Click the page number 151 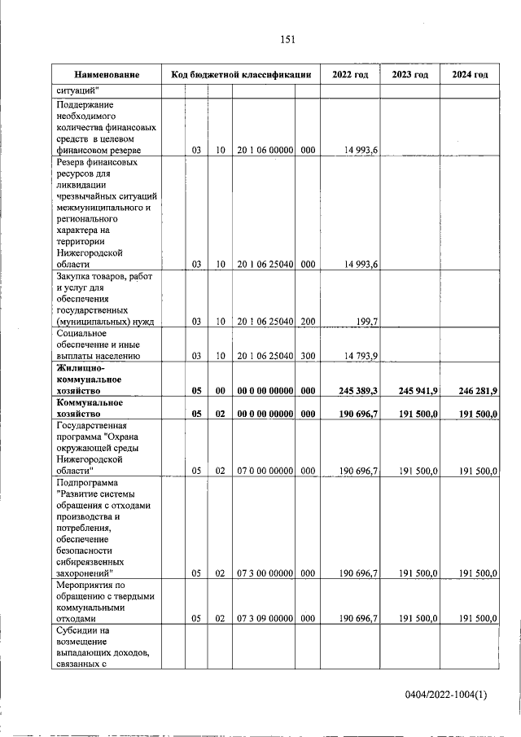point(287,40)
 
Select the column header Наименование point(106,75)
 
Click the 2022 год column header point(350,75)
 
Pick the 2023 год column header point(409,75)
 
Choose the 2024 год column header point(470,75)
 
